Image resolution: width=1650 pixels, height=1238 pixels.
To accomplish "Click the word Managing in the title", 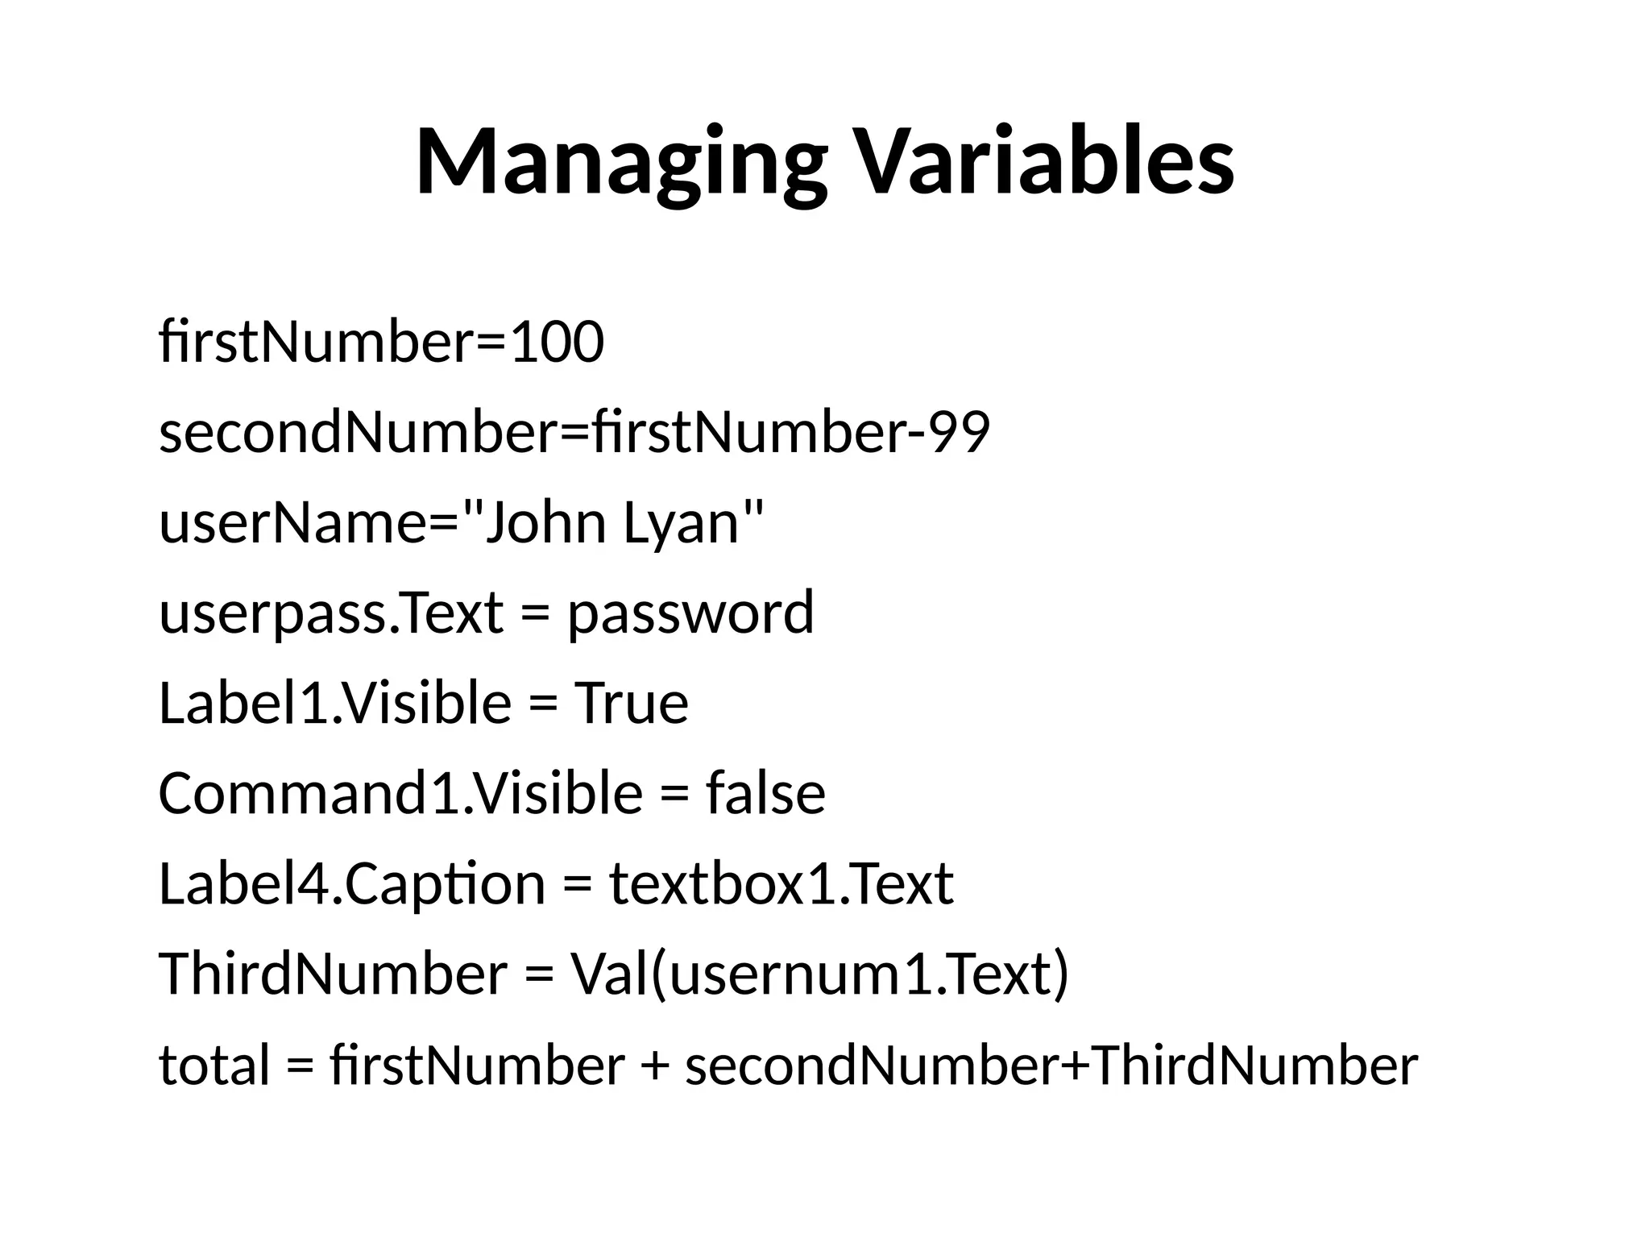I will point(621,161).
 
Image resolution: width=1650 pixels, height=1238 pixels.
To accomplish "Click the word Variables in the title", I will point(1043,161).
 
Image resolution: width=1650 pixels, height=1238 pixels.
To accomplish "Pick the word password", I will point(691,613).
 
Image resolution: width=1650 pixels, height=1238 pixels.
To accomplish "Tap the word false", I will point(765,793).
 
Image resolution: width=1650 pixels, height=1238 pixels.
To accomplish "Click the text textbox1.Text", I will point(781,883).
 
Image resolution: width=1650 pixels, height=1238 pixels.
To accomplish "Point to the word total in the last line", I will point(214,1064).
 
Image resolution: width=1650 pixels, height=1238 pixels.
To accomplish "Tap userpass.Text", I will point(331,613).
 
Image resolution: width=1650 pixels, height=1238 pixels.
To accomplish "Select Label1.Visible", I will point(334,703).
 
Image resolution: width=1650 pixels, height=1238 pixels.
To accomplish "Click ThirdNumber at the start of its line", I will point(333,974).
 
